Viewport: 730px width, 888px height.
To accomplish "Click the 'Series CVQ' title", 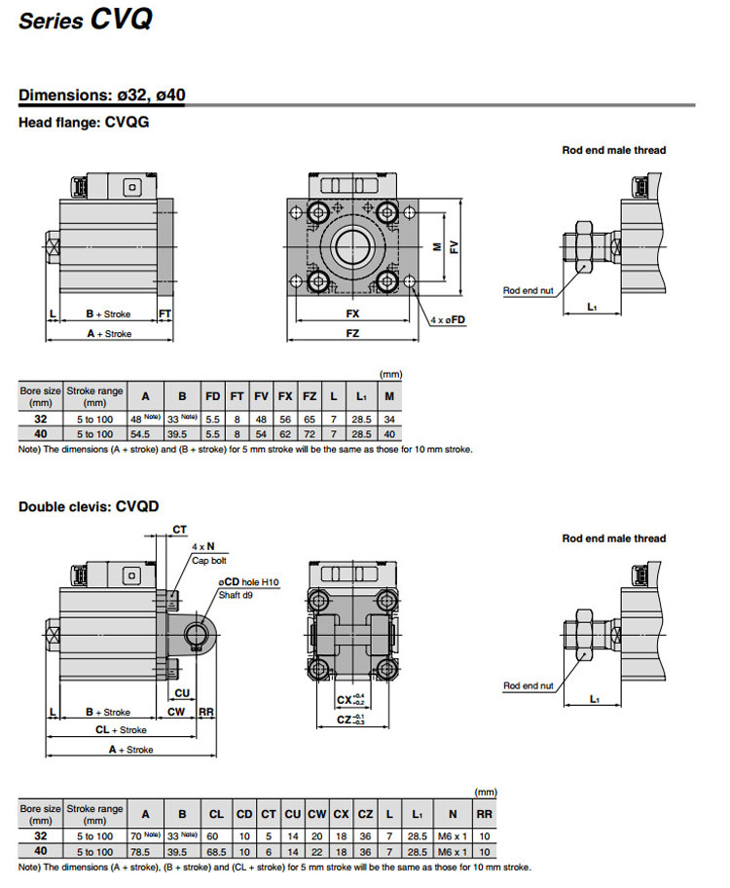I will coord(86,18).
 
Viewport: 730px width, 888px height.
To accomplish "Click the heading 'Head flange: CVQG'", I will coord(84,123).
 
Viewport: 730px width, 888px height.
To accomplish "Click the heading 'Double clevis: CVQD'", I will coord(89,506).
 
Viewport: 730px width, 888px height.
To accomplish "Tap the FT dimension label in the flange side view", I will coord(165,314).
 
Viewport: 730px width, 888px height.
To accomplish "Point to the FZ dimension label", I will coord(352,333).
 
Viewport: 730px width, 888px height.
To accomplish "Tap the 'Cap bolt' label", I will coord(207,561).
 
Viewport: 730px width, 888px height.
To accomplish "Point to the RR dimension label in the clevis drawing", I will coord(206,712).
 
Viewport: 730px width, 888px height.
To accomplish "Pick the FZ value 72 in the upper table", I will coord(310,433).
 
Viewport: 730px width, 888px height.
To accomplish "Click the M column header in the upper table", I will coord(390,396).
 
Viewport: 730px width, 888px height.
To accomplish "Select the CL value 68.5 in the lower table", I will coord(216,851).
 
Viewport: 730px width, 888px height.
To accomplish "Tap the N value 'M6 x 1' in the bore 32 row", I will coord(452,835).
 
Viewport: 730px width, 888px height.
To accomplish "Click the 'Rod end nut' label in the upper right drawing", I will coord(528,290).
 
